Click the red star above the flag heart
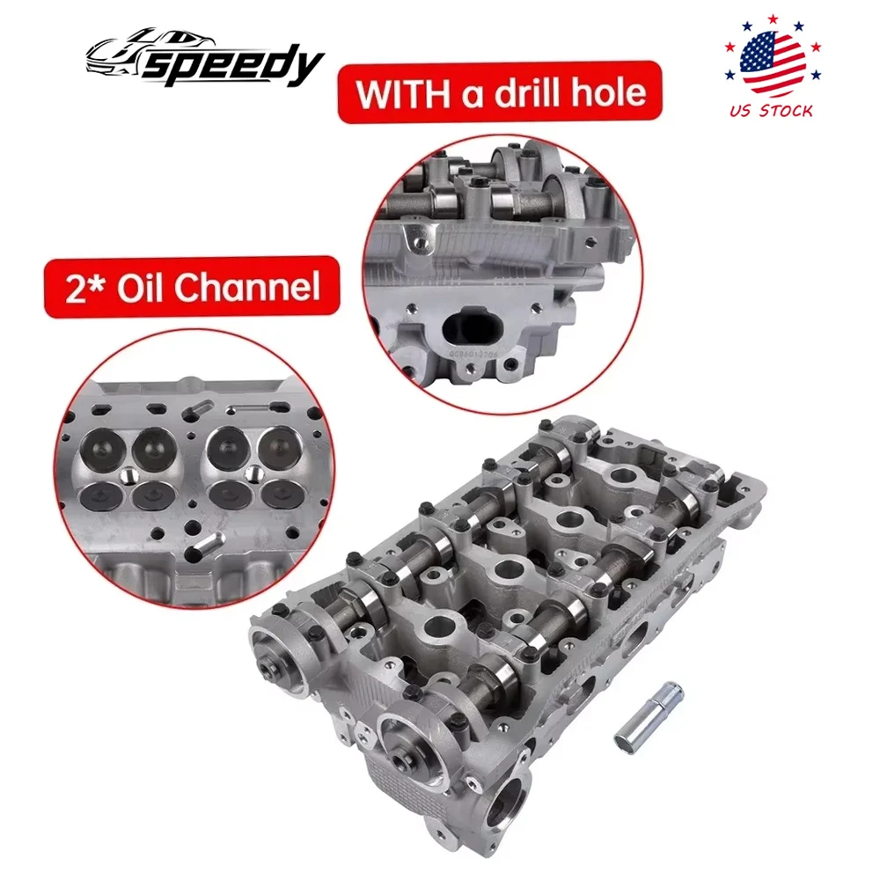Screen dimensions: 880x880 (775, 18)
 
